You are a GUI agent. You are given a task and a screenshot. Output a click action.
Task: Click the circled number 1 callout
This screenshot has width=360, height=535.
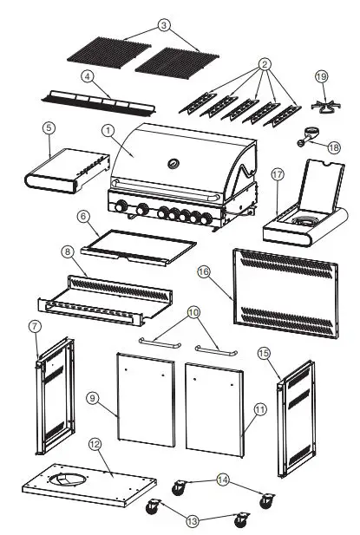tap(108, 130)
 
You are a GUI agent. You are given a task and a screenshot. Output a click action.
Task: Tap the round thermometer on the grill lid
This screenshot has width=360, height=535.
tap(173, 162)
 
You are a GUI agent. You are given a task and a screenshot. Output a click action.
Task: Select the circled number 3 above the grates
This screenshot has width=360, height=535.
tap(164, 25)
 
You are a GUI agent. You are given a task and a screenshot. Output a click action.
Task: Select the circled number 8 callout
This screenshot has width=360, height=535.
tap(67, 251)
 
